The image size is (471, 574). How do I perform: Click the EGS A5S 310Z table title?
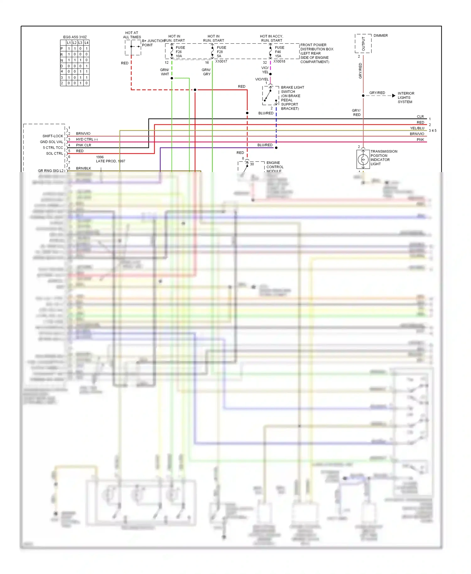75,37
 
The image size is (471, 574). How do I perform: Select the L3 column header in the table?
80,43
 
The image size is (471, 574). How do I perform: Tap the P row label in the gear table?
62,49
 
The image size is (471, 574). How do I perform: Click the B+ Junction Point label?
153,43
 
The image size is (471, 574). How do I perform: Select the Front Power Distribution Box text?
317,53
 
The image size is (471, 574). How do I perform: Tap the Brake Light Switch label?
292,98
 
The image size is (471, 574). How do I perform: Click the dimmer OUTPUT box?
363,44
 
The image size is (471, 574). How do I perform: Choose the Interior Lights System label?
406,98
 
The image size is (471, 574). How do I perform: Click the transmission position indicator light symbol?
363,160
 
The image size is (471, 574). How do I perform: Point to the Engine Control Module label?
275,167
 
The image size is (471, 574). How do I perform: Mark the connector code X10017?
221,62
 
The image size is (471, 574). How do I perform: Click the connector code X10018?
279,62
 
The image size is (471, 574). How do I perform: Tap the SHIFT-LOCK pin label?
53,136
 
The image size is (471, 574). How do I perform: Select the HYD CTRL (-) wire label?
87,139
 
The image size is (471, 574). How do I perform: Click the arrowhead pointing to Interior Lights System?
394,95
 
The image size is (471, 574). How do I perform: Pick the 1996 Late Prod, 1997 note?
110,159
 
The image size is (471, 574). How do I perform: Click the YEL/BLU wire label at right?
417,128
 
